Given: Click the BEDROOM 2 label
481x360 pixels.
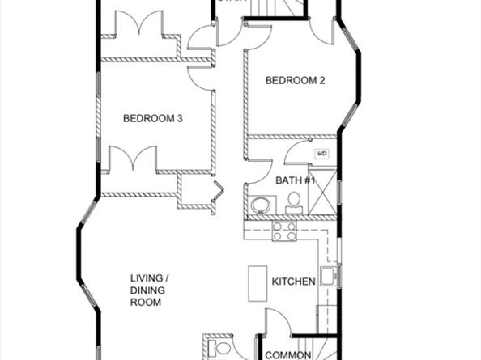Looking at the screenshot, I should pyautogui.click(x=296, y=80).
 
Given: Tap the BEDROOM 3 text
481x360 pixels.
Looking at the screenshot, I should pyautogui.click(x=152, y=119).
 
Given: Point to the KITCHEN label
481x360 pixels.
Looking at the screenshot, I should pyautogui.click(x=293, y=282).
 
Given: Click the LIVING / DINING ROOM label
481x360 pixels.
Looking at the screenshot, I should pyautogui.click(x=150, y=291).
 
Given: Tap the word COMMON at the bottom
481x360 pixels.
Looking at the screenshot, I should pyautogui.click(x=289, y=354).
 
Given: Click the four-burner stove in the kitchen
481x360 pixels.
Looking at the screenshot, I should pyautogui.click(x=283, y=231).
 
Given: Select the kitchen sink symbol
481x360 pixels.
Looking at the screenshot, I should pyautogui.click(x=328, y=277).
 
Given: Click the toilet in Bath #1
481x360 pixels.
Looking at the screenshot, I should pyautogui.click(x=294, y=203).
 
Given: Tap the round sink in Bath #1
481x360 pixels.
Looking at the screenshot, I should pyautogui.click(x=262, y=205).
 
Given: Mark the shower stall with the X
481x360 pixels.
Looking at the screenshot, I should pyautogui.click(x=322, y=193).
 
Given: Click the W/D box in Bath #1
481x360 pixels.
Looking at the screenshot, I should pyautogui.click(x=321, y=152).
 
